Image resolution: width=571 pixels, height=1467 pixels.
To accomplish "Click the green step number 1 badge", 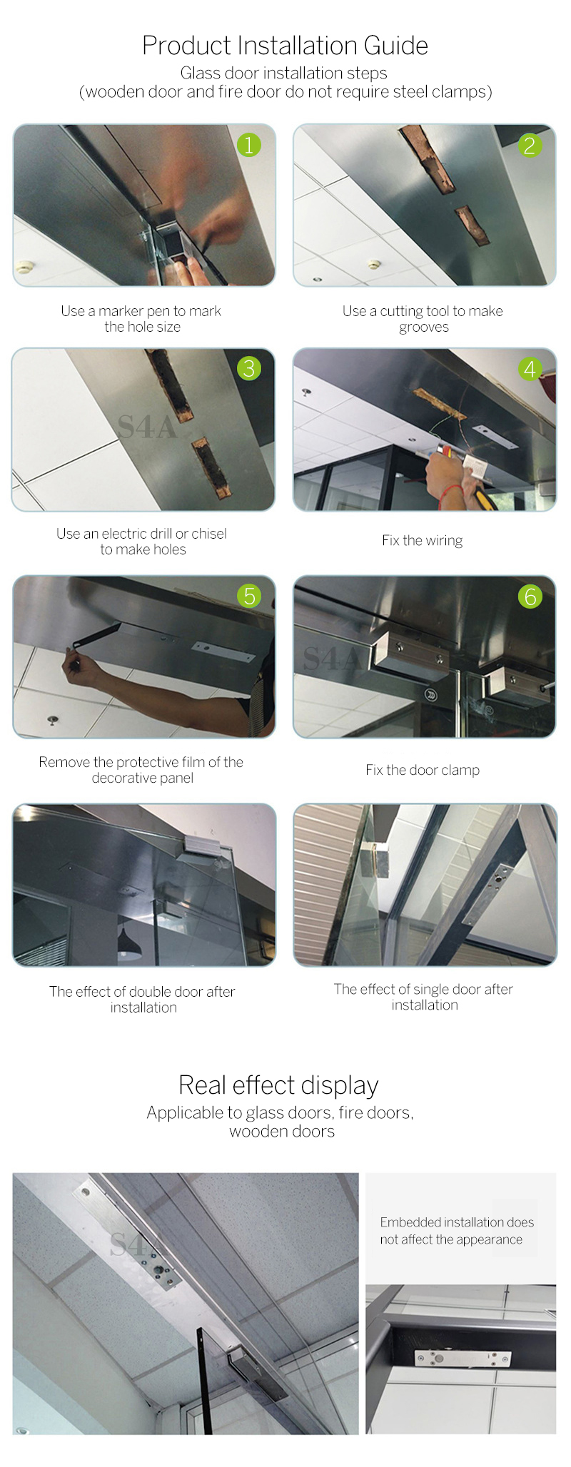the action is pyautogui.click(x=249, y=146).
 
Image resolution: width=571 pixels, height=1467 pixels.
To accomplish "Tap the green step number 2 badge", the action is pyautogui.click(x=530, y=146).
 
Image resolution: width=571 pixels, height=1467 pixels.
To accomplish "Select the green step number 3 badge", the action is pyautogui.click(x=249, y=368).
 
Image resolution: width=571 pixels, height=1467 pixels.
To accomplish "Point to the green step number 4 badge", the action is pyautogui.click(x=530, y=369).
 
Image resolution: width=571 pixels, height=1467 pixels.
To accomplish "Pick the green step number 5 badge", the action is pyautogui.click(x=249, y=596).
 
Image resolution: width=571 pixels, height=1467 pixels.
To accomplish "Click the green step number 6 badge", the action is pyautogui.click(x=530, y=597).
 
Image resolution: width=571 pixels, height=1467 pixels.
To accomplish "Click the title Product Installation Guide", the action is pyautogui.click(x=285, y=46).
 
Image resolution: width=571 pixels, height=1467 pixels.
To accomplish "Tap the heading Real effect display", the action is pyautogui.click(x=278, y=1085).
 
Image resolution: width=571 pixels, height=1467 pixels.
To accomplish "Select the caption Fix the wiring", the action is pyautogui.click(x=423, y=541).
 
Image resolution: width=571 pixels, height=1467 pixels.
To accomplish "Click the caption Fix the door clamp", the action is pyautogui.click(x=423, y=770).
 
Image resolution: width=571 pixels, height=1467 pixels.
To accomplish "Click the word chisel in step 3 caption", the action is pyautogui.click(x=209, y=534).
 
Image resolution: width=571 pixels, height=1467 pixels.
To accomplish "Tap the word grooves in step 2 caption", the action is pyautogui.click(x=424, y=328).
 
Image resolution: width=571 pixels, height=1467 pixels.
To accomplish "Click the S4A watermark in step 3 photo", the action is pyautogui.click(x=146, y=427).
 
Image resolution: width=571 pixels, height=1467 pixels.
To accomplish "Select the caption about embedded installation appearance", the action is pyautogui.click(x=457, y=1231).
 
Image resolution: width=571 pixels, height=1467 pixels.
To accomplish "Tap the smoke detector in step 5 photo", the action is pyautogui.click(x=52, y=719).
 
